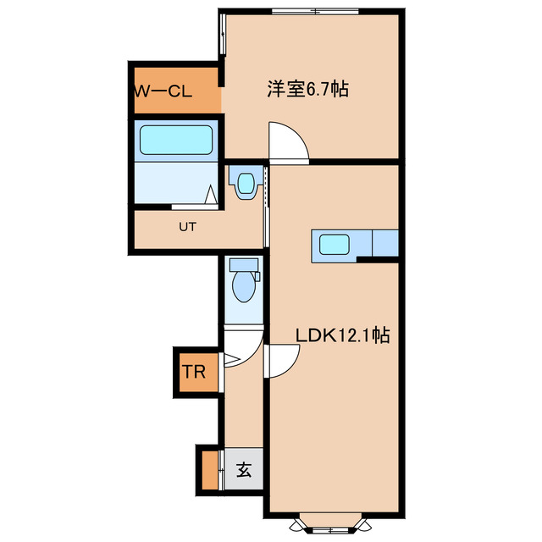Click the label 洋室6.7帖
(307, 88)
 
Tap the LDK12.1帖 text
(342, 335)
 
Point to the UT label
(187, 227)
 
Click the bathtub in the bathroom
(175, 141)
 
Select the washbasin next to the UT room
(246, 183)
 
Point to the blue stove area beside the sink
(385, 244)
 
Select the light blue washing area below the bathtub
(174, 182)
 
